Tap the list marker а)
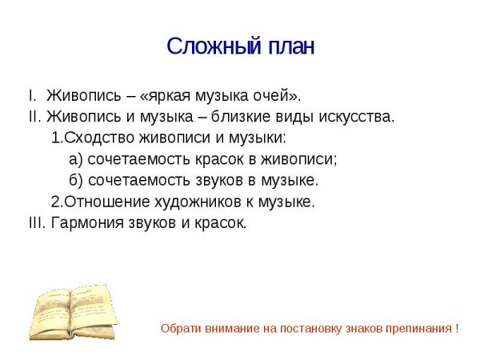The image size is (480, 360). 77,158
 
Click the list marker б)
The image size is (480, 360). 77,179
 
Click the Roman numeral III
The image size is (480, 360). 36,222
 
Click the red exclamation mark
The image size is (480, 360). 456,329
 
